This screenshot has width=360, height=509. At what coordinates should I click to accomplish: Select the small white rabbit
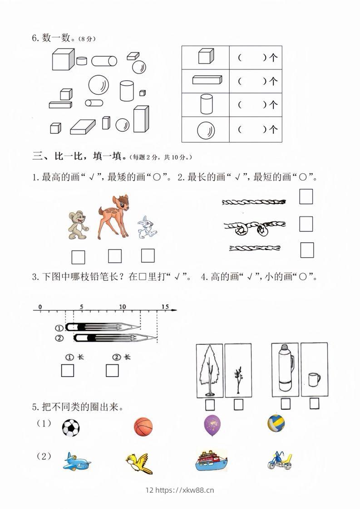point(147,227)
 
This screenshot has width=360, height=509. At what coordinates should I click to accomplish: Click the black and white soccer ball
point(70,428)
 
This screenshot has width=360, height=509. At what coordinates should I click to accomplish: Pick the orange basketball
point(143,427)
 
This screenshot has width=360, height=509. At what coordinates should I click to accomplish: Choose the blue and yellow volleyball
point(276,423)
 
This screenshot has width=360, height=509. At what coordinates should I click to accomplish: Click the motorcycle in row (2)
point(280,461)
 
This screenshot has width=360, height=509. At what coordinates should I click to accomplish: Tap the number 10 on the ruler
point(123,307)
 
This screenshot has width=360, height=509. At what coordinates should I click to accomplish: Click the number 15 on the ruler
point(165,307)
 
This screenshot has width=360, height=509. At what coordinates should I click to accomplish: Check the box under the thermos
point(286,404)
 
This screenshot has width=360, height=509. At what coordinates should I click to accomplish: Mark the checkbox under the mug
point(315,404)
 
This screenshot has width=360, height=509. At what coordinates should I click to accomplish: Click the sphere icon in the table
point(206,130)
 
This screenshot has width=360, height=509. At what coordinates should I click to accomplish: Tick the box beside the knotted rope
point(306,224)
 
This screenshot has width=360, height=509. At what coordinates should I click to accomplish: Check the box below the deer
point(115,256)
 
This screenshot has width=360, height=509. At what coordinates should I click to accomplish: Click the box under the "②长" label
point(112,371)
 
